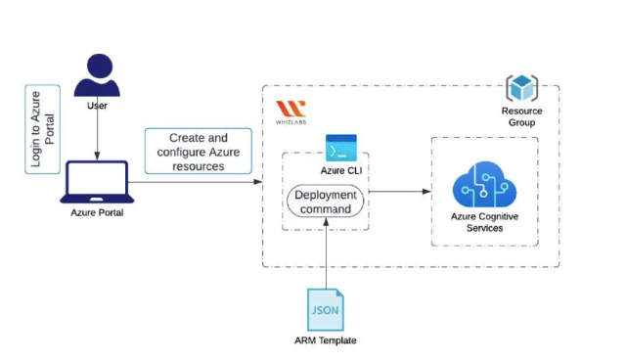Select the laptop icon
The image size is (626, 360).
click(x=96, y=182)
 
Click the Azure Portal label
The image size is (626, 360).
click(x=96, y=212)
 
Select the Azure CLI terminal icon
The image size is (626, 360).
click(x=341, y=149)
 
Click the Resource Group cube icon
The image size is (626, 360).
click(x=521, y=89)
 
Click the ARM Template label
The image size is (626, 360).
click(x=326, y=340)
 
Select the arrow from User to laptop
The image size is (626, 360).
click(x=96, y=137)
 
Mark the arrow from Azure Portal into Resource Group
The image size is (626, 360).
click(x=196, y=182)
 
